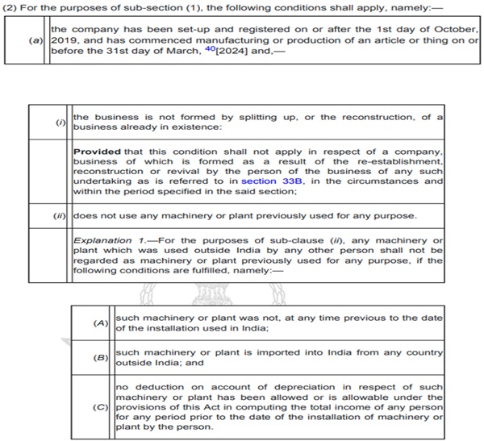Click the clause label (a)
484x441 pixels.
click(37, 39)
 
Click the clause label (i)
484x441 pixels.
click(60, 123)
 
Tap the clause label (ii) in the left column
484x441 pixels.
click(60, 215)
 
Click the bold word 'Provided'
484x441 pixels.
click(96, 151)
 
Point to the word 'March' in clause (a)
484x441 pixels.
click(186, 50)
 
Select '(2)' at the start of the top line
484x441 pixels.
click(12, 6)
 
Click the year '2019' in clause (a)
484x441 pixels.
click(64, 39)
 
